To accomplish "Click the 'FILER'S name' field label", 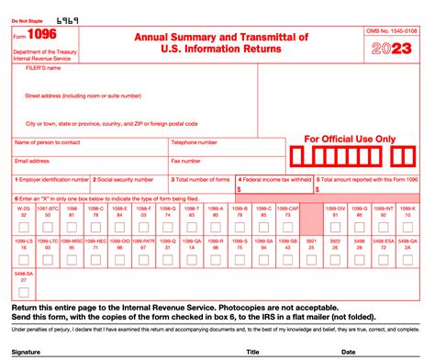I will coord(43,67).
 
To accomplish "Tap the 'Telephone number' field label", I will coord(194,142).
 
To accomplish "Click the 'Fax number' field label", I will coord(186,160).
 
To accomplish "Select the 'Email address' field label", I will coord(32,160).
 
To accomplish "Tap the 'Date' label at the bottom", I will coord(351,351).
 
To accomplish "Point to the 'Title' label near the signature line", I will coord(252,351).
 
